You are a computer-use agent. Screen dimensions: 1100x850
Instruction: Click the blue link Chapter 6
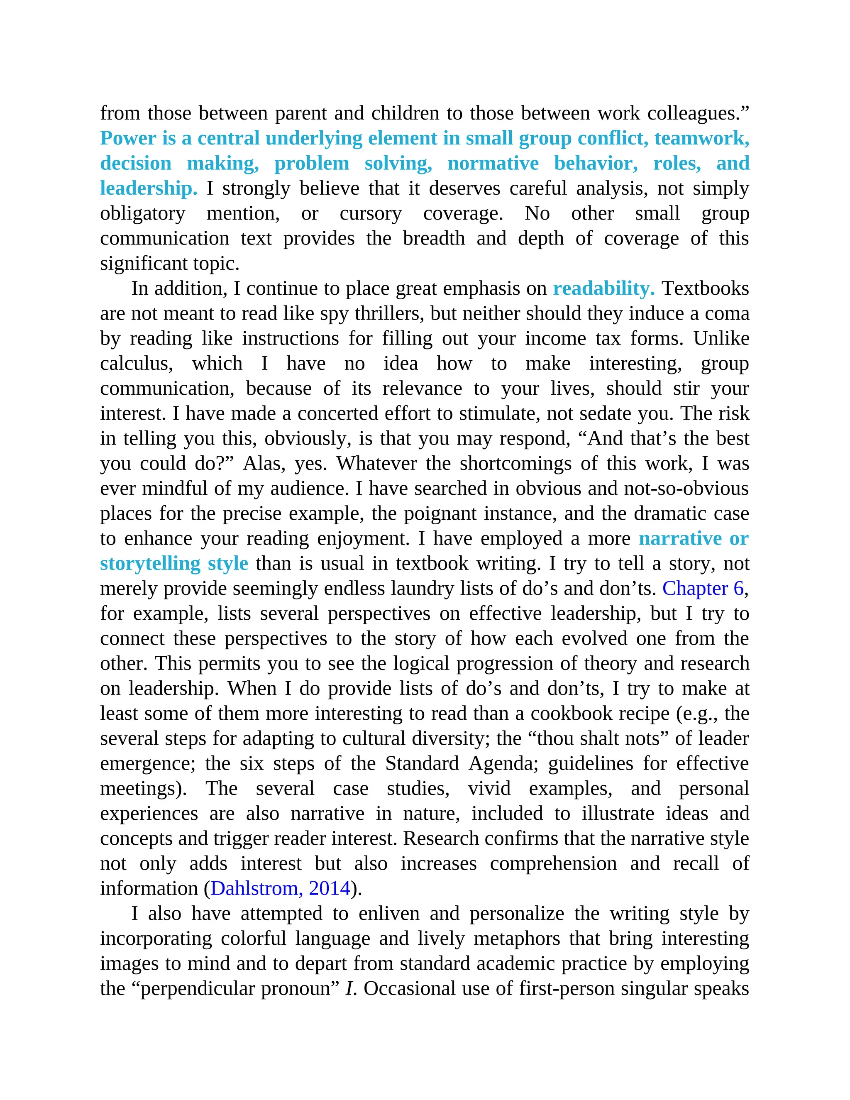click(x=703, y=588)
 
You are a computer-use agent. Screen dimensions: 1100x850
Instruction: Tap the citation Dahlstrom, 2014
click(x=280, y=888)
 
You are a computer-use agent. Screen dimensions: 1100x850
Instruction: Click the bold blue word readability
click(x=603, y=288)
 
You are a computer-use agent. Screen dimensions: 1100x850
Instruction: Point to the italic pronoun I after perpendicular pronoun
click(x=349, y=988)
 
